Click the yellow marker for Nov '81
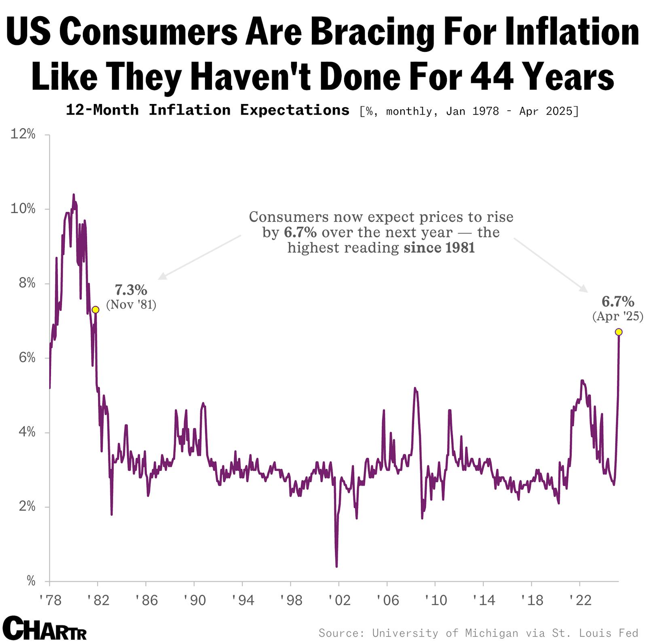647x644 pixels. click(x=95, y=310)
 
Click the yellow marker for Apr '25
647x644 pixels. click(x=618, y=332)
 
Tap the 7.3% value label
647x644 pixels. click(x=131, y=290)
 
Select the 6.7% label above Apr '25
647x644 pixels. click(x=618, y=302)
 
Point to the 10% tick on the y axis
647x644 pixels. click(x=23, y=209)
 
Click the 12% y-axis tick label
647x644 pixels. click(x=23, y=134)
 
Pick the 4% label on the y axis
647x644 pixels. click(x=27, y=432)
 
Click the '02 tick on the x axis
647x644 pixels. click(x=339, y=600)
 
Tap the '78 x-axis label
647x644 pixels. click(x=50, y=600)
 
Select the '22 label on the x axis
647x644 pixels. click(x=580, y=600)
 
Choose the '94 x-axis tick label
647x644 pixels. click(x=243, y=600)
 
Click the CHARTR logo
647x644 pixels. click(x=44, y=629)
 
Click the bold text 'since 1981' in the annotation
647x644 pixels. click(x=439, y=248)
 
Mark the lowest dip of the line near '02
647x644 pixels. click(x=336, y=566)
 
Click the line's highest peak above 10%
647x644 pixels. click(x=74, y=195)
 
